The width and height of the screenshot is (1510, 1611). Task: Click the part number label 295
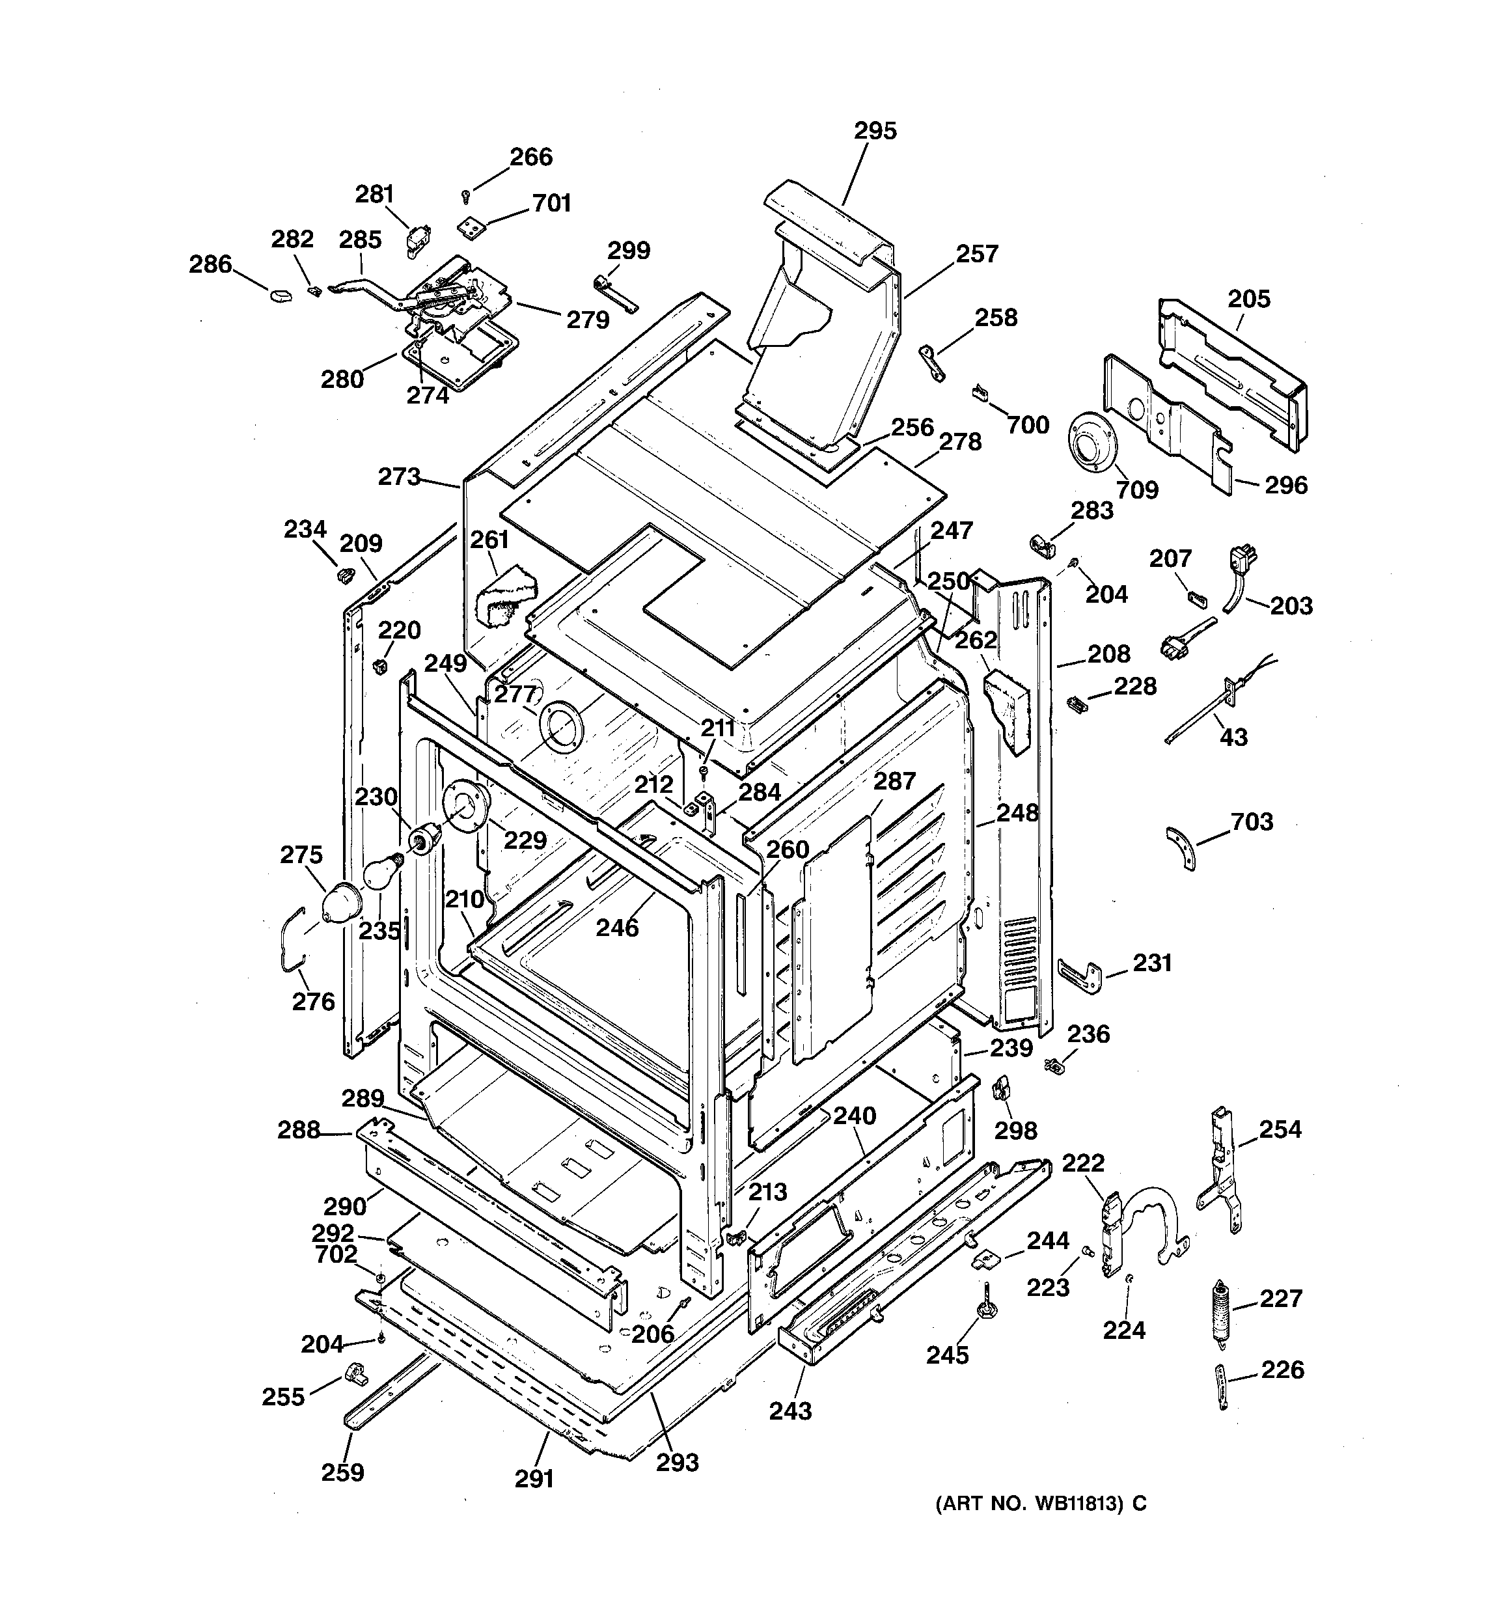[x=875, y=131]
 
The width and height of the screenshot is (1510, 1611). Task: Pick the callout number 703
[x=1252, y=821]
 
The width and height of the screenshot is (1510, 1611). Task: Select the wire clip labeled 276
[x=292, y=941]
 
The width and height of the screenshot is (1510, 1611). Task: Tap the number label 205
[x=1248, y=299]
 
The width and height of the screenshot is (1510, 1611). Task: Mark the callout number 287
[x=894, y=781]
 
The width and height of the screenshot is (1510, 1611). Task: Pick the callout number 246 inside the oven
[x=617, y=927]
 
